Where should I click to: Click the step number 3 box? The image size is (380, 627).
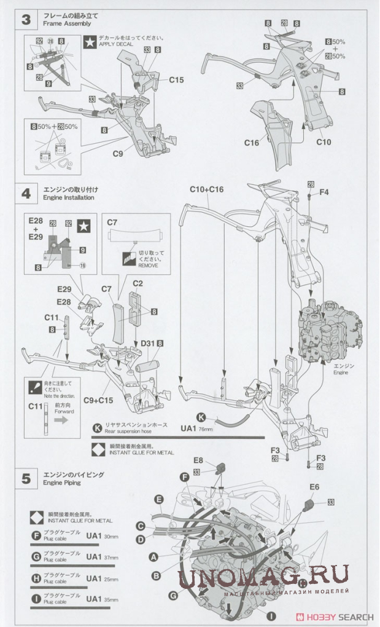(26, 19)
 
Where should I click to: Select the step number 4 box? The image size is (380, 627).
(26, 193)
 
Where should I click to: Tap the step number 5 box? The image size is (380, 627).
(26, 479)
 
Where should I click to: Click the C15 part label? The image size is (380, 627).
(176, 80)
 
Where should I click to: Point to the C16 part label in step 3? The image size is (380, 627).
(252, 143)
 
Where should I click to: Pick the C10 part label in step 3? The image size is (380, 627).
(324, 142)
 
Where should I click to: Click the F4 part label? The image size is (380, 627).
(324, 192)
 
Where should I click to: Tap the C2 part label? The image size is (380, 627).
(138, 283)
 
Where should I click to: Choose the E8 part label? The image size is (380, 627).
(198, 460)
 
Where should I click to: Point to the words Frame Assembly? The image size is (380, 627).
(67, 23)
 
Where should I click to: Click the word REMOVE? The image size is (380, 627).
(148, 266)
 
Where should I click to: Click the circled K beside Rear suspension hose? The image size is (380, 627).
(97, 428)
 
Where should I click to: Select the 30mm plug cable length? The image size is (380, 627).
(112, 537)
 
